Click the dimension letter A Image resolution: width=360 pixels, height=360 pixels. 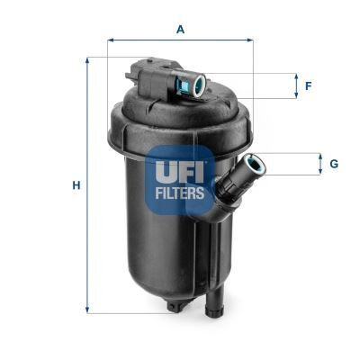pos(180,30)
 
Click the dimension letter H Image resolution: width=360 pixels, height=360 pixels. pos(76,185)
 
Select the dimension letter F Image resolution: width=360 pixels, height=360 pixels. pos(308,86)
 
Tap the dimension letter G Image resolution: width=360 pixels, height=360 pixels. pos(333,164)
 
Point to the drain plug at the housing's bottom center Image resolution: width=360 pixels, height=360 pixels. pos(174,306)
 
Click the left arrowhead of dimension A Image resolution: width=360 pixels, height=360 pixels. pos(111,40)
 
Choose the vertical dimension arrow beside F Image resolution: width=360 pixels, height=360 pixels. pos(296,86)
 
